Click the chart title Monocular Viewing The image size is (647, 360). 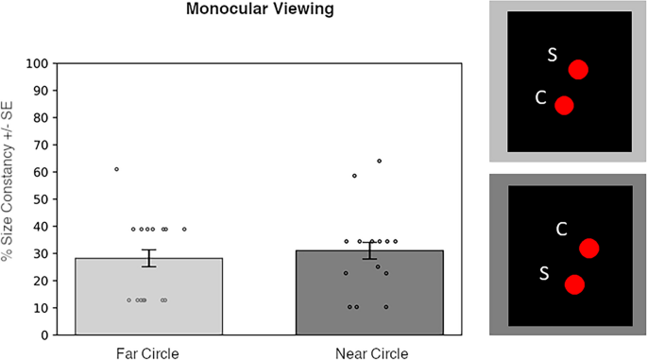(260, 9)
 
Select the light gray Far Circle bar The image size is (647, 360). (149, 297)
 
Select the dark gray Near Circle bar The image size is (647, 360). (369, 292)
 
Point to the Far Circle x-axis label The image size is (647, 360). (147, 353)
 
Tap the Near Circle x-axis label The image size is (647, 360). (372, 353)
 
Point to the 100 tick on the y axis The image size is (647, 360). (37, 63)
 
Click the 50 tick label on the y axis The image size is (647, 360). (41, 199)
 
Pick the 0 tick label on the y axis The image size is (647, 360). (45, 335)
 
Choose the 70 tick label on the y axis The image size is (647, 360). (41, 145)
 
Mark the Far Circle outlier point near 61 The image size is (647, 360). (117, 169)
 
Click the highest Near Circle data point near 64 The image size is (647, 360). (379, 161)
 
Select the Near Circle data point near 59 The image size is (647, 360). (354, 176)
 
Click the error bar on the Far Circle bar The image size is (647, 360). (149, 258)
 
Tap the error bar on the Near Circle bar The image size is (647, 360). (369, 250)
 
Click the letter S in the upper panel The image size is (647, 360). (553, 55)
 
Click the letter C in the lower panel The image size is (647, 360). (562, 229)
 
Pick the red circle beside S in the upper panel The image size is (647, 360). (578, 70)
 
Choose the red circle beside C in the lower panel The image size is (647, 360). (588, 249)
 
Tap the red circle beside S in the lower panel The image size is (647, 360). (575, 284)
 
